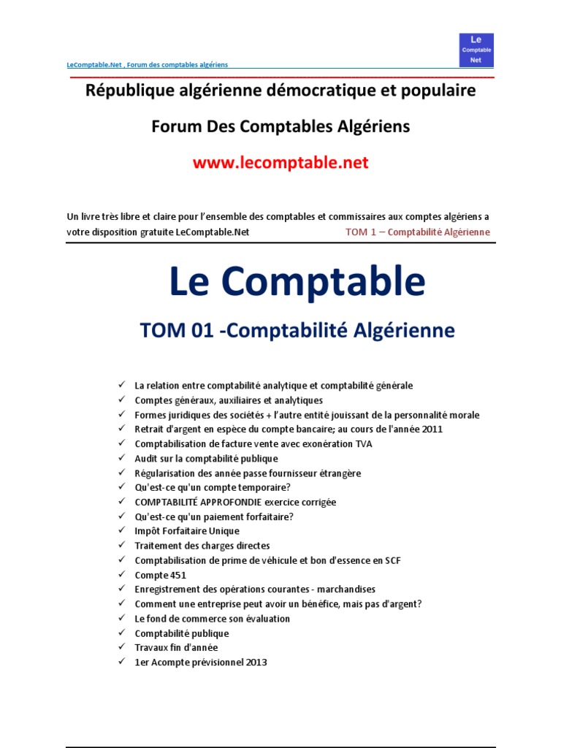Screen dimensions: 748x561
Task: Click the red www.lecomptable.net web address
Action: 280,163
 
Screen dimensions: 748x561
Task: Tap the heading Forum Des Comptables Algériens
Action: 280,126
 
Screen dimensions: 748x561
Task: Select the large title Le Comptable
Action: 297,281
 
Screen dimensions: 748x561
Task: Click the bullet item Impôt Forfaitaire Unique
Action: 186,531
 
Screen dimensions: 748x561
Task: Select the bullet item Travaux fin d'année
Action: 176,647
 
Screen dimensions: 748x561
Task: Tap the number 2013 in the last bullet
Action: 256,663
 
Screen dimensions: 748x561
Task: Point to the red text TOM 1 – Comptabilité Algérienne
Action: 417,232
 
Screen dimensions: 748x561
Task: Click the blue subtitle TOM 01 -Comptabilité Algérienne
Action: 297,331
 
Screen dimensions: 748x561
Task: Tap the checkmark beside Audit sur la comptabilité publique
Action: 121,458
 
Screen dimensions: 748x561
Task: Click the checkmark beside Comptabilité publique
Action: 121,633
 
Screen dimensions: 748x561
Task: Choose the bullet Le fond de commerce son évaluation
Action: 212,619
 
